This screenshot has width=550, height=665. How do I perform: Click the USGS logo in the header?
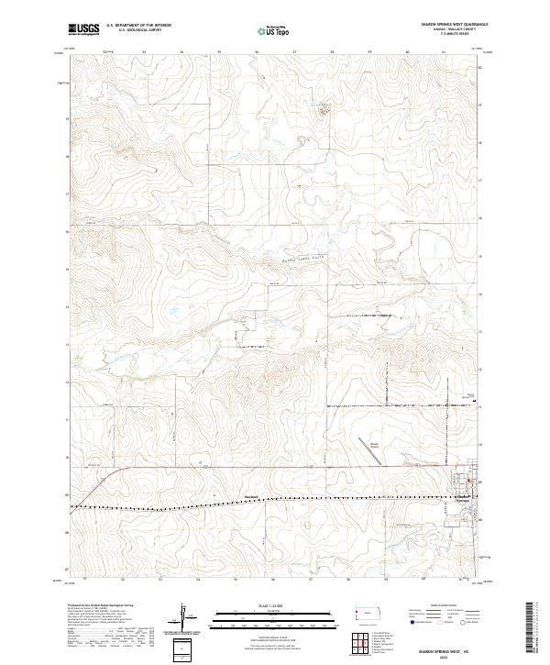tap(83, 29)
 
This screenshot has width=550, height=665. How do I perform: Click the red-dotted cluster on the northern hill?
tap(324, 110)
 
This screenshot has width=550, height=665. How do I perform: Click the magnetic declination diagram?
tap(189, 619)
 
